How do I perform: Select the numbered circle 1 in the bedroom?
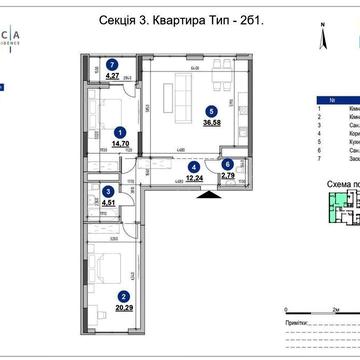click(x=120, y=131)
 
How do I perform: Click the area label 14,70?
click(x=120, y=142)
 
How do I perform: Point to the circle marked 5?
click(x=210, y=113)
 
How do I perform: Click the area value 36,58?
click(x=210, y=124)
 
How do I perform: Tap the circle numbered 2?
click(x=123, y=295)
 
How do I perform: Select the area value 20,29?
click(x=123, y=306)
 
